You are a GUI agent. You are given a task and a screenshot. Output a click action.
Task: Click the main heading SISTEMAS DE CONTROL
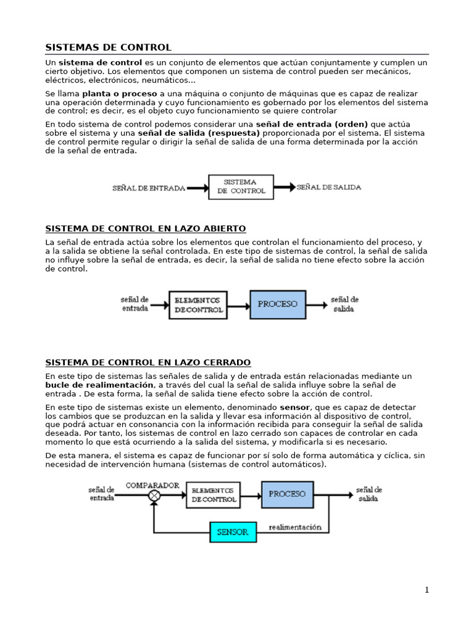[109, 48]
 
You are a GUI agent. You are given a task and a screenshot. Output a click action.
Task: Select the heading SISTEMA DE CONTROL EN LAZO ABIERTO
[146, 228]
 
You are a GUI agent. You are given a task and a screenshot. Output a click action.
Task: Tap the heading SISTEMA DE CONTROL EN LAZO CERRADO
[148, 362]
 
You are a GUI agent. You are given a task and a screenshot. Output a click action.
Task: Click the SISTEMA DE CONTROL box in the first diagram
[241, 186]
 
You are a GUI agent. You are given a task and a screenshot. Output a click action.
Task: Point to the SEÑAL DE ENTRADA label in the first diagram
[148, 188]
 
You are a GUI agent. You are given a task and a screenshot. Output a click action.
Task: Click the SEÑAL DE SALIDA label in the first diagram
[329, 187]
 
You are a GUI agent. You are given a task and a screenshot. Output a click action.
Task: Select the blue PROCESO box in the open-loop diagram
[277, 304]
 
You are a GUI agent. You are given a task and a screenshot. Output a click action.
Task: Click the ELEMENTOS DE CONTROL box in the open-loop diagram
[198, 305]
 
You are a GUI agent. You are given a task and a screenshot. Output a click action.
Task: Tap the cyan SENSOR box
[233, 532]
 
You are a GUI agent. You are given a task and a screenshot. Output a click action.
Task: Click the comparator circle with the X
[154, 496]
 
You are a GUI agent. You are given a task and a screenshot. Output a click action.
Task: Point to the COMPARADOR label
[152, 485]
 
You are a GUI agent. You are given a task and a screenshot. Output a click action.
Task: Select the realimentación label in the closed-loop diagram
[295, 528]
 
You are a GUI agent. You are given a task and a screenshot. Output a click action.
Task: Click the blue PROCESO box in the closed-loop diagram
[287, 494]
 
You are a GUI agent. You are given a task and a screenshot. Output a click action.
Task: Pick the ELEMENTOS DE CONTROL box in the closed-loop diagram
[213, 495]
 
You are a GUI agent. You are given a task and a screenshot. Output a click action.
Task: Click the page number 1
[426, 590]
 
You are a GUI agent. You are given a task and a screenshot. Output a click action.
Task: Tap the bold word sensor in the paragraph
[295, 408]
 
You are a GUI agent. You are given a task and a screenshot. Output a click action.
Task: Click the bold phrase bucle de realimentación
[99, 385]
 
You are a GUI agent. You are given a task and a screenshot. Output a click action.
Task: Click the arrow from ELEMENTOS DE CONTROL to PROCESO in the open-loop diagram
[238, 305]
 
